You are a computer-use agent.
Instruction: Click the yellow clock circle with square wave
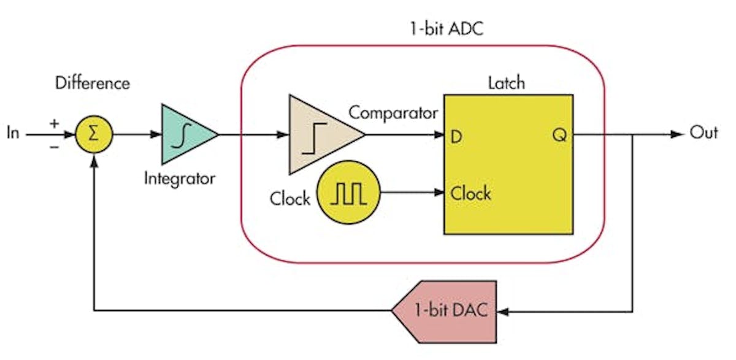pyautogui.click(x=348, y=193)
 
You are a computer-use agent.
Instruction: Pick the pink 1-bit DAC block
pyautogui.click(x=447, y=311)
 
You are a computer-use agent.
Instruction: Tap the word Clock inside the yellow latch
pyautogui.click(x=471, y=194)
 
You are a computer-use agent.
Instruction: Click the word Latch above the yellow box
pyautogui.click(x=507, y=82)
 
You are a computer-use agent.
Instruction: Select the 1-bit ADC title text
pyautogui.click(x=446, y=28)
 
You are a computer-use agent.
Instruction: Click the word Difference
pyautogui.click(x=93, y=83)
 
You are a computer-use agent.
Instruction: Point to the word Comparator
pyautogui.click(x=393, y=113)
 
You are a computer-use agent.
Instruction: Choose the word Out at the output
pyautogui.click(x=703, y=133)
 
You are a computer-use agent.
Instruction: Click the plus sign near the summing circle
pyautogui.click(x=55, y=123)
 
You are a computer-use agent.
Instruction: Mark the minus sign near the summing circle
pyautogui.click(x=55, y=147)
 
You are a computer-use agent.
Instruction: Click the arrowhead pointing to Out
pyautogui.click(x=677, y=134)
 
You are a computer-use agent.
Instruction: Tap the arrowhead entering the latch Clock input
pyautogui.click(x=439, y=193)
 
